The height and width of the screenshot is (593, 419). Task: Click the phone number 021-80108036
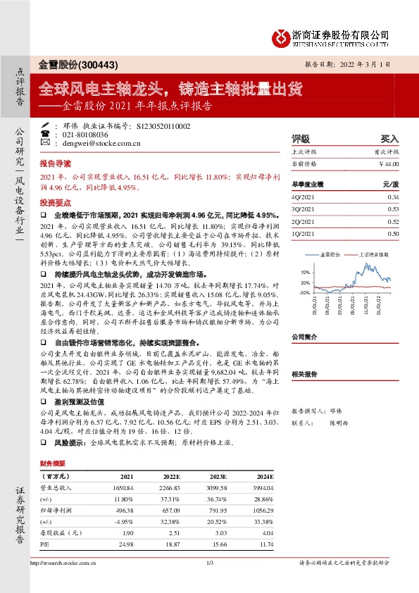click(x=85, y=134)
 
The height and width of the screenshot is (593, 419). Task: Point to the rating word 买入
click(x=389, y=139)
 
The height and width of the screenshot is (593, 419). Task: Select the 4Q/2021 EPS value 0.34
click(x=392, y=197)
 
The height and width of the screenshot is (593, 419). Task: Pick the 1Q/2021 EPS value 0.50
click(x=392, y=233)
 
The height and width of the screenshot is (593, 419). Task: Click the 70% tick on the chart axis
click(x=304, y=271)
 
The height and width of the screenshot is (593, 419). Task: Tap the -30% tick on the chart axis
click(x=304, y=292)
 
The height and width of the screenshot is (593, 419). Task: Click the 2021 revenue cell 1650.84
click(x=123, y=487)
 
